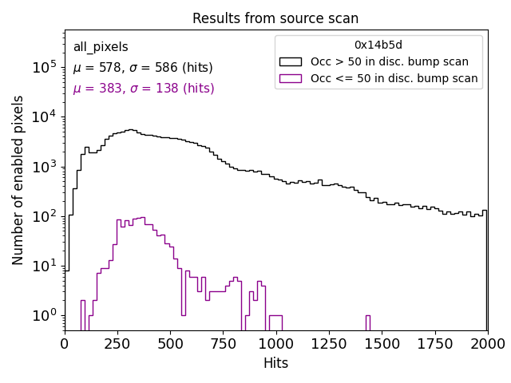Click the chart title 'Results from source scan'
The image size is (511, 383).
coord(275,18)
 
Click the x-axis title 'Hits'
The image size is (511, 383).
coord(275,363)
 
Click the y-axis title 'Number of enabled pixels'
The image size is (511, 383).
coord(18,180)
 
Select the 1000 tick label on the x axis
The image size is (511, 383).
coord(275,343)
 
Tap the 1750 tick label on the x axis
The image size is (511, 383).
coord(434,343)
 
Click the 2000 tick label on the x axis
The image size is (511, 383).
coord(487,343)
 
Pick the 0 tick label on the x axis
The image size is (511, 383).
coord(65,343)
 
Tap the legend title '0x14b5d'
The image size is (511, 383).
coord(378,45)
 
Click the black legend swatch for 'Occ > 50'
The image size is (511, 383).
coord(291,61)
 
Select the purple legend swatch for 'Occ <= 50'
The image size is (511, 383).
coord(291,78)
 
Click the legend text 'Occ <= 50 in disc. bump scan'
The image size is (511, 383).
coord(394,78)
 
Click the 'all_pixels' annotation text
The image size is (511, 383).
coord(101,47)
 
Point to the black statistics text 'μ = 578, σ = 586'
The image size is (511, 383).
coord(143,68)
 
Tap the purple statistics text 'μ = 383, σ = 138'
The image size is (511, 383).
coord(144,89)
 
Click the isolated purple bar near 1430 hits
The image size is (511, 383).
coord(368,322)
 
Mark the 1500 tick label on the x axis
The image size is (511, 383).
coord(382,343)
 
